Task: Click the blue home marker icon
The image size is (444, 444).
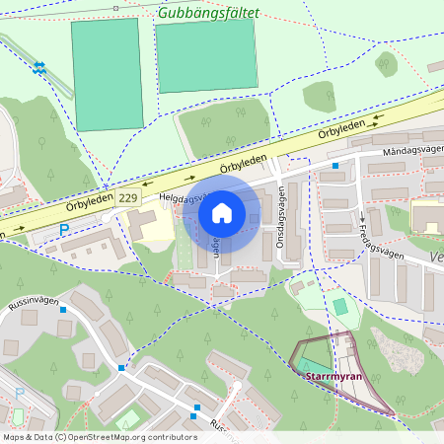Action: click(222, 212)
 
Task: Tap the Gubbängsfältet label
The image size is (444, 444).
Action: click(208, 13)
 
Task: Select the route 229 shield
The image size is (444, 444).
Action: click(127, 198)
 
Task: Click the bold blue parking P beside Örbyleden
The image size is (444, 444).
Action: click(64, 230)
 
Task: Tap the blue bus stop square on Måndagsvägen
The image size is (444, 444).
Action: click(335, 166)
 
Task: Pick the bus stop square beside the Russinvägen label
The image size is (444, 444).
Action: click(63, 309)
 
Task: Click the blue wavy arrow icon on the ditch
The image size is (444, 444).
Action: click(39, 67)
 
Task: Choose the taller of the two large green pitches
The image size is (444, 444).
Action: click(107, 74)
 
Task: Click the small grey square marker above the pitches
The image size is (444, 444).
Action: click(115, 8)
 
